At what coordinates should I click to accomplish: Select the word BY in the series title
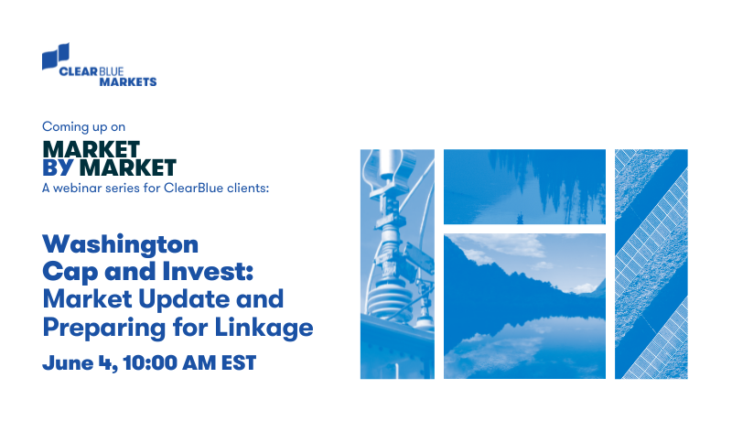58,167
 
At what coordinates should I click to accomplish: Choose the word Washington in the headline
120,244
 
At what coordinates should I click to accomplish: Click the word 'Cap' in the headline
67,272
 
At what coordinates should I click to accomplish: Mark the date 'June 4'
72,362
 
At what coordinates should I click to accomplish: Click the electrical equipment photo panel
396,264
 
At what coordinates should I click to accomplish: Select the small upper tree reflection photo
524,186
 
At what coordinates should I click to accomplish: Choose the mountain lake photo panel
524,306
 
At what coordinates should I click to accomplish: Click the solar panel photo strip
651,264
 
